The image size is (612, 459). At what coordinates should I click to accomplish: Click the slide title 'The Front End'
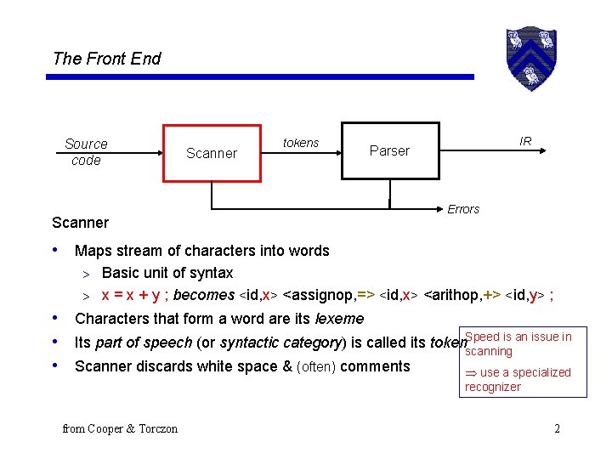click(x=106, y=59)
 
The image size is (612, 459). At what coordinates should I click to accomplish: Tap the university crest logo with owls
click(x=530, y=58)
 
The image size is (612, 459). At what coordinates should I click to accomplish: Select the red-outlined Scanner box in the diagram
click(x=212, y=153)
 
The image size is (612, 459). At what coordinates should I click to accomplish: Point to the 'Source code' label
click(x=86, y=152)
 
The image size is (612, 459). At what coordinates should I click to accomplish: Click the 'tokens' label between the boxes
click(x=301, y=143)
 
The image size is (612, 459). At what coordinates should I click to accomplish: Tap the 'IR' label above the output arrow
click(x=525, y=141)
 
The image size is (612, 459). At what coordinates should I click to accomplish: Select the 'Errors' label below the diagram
click(x=463, y=209)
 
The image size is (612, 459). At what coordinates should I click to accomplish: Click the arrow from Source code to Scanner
click(x=135, y=154)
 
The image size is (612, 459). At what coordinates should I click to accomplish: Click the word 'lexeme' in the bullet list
click(x=339, y=319)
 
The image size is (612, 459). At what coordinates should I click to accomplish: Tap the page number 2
click(x=557, y=428)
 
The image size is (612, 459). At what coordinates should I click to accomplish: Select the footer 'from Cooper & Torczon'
click(x=120, y=428)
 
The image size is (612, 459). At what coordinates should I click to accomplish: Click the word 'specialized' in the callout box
click(x=542, y=372)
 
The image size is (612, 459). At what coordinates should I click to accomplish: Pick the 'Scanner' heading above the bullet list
click(x=80, y=223)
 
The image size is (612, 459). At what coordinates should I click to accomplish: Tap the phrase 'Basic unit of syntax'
click(x=167, y=273)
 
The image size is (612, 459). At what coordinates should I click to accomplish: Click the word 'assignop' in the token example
click(x=318, y=296)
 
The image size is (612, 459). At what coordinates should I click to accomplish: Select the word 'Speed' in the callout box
click(x=482, y=337)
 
